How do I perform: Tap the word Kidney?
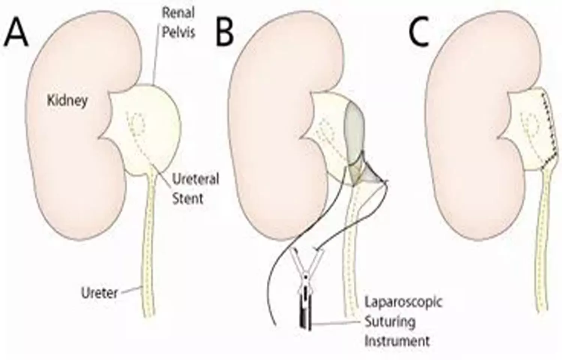(67, 100)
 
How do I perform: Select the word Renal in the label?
(178, 13)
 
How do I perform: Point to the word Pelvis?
(178, 32)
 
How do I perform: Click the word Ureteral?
(195, 179)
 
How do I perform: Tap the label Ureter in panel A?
(100, 292)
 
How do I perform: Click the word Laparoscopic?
(403, 302)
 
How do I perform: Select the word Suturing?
(390, 322)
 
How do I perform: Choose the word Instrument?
(397, 341)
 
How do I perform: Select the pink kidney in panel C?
(465, 131)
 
